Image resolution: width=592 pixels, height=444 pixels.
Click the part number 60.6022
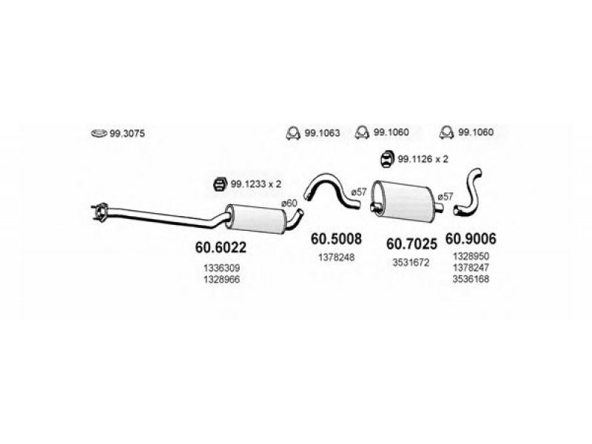coord(221,247)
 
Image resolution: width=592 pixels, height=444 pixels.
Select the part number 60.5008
coord(336,238)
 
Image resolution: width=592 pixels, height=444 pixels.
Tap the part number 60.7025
coord(411,244)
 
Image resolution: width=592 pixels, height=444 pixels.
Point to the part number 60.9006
coord(471,238)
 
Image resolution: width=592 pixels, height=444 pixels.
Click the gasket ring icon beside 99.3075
coord(99,133)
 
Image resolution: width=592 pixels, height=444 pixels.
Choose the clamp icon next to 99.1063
coord(293,132)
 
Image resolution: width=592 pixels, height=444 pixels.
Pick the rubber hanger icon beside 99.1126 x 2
coord(386,159)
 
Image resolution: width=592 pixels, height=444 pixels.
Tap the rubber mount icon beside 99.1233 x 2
coord(219,184)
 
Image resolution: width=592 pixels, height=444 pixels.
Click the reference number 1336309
coord(221,268)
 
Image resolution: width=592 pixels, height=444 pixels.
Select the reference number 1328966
coord(221,280)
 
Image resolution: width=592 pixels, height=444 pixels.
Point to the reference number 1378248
coord(337,258)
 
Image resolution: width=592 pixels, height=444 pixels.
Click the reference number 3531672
coord(411,263)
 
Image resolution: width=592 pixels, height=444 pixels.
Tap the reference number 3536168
coord(471,279)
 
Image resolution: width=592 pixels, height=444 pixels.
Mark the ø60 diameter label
coord(289,203)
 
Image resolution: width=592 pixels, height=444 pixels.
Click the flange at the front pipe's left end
coord(100,212)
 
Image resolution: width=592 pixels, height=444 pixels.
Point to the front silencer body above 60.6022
coord(255,219)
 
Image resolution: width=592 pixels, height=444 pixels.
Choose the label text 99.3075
coord(127,134)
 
